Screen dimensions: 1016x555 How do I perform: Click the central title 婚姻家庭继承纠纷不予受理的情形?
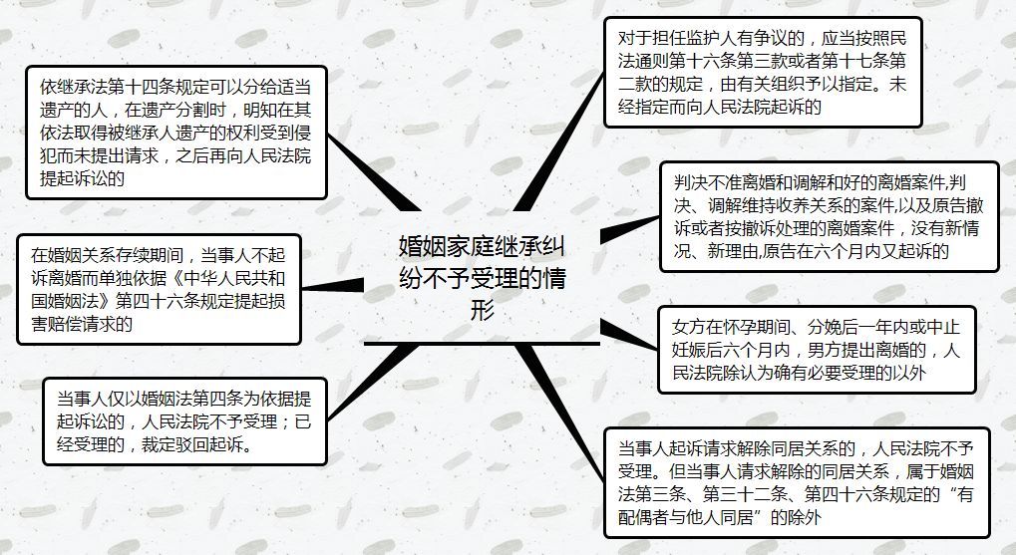tap(483, 277)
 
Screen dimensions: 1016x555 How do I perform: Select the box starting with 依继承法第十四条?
tap(176, 133)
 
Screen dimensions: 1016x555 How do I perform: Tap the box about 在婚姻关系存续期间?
tap(159, 289)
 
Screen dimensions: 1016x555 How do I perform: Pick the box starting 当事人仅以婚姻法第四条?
tap(184, 421)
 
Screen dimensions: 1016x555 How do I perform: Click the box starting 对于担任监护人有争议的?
tap(763, 72)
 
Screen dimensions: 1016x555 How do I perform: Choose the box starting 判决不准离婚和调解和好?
tap(829, 216)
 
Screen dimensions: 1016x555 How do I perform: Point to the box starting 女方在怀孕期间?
tap(817, 350)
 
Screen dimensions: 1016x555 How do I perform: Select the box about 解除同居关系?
tap(797, 482)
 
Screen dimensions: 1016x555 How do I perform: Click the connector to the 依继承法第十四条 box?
tap(374, 172)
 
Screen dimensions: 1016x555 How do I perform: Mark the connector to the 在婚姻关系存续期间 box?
tap(333, 286)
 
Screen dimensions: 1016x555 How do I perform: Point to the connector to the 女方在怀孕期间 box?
tap(629, 334)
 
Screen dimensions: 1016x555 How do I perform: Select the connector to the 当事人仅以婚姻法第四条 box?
tap(373, 382)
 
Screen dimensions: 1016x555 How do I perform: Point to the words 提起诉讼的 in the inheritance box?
tap(83, 178)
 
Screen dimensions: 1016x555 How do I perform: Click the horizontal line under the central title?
tap(483, 343)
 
